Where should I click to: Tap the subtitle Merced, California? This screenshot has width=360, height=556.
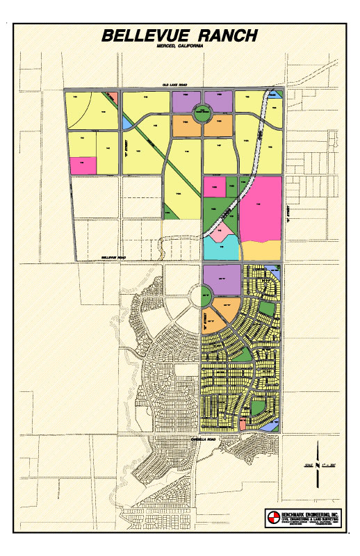pos(179,47)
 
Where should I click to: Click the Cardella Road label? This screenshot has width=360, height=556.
pos(204,439)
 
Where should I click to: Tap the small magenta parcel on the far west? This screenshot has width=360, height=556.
pos(83,165)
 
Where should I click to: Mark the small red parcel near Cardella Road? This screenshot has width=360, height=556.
pos(242,423)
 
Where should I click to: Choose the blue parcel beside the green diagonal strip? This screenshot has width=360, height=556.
pos(126,122)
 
